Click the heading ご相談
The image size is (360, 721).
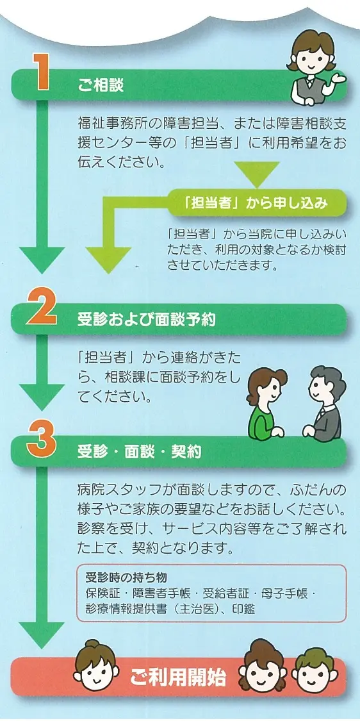(x=101, y=86)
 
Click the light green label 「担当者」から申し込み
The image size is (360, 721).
(x=254, y=203)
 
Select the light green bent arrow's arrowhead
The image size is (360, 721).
(x=108, y=260)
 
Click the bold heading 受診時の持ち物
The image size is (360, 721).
(x=126, y=577)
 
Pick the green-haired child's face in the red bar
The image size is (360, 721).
(x=315, y=672)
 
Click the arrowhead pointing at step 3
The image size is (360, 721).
(x=42, y=397)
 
